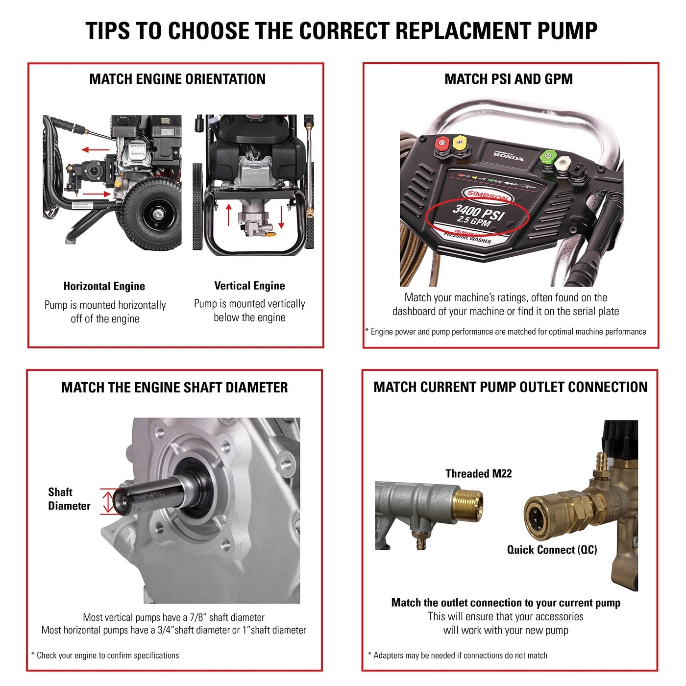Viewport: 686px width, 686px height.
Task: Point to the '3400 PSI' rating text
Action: click(x=478, y=213)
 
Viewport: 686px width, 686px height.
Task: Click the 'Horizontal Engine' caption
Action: click(x=104, y=286)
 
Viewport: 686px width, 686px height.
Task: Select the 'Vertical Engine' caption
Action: click(x=249, y=286)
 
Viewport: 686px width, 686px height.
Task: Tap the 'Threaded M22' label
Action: click(x=478, y=473)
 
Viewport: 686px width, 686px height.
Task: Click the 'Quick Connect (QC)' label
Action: click(x=552, y=549)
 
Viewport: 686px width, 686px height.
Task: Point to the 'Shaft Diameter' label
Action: click(x=69, y=499)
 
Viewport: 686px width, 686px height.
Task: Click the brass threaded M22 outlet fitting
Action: click(x=466, y=504)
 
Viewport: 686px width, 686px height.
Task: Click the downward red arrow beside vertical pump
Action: click(x=281, y=217)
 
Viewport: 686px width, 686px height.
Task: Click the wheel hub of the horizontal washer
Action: click(x=157, y=214)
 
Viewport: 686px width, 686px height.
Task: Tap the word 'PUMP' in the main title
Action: click(x=567, y=31)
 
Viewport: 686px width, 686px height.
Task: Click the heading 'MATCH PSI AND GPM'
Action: click(x=508, y=79)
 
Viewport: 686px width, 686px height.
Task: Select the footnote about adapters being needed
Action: click(x=458, y=655)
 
